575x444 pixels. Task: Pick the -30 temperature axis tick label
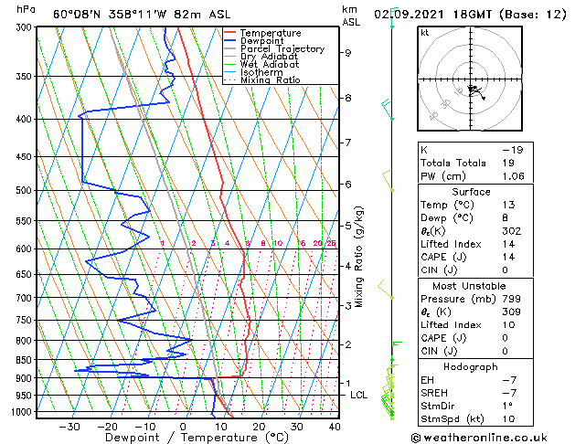coord(69,427)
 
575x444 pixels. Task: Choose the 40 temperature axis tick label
coord(335,427)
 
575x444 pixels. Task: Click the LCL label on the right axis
coord(359,395)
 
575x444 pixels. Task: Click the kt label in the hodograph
coord(424,33)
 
